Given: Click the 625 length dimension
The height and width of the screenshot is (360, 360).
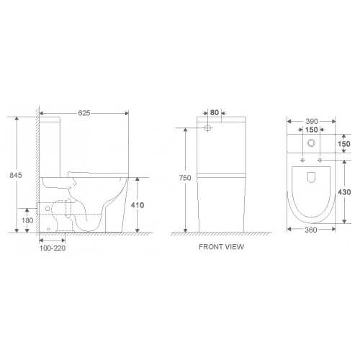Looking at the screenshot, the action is click(x=84, y=113).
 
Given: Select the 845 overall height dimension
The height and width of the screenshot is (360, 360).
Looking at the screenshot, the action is click(x=16, y=175).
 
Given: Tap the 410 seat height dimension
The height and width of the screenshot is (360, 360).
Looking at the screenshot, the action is click(x=138, y=205).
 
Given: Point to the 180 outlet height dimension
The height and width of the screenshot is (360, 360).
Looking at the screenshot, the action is click(x=27, y=220).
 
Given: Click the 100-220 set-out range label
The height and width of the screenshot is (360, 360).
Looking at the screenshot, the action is click(x=53, y=248).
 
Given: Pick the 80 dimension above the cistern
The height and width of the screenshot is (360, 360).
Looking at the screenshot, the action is click(x=215, y=112).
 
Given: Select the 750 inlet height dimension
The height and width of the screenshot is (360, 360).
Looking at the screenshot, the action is click(x=185, y=178).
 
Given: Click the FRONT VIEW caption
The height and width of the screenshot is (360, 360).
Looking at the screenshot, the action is click(x=221, y=247).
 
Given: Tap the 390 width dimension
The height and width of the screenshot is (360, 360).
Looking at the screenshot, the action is click(x=312, y=122).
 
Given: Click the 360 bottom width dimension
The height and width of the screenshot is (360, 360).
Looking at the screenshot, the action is click(x=311, y=230).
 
